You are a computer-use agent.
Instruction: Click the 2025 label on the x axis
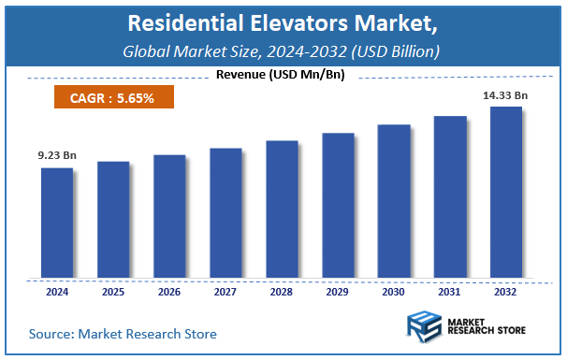coord(113,294)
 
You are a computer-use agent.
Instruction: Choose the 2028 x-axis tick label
coord(282,294)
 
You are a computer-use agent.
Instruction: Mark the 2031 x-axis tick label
coord(450,294)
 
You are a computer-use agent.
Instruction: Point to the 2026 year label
coord(169,294)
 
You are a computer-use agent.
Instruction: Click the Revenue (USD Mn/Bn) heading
coord(281,75)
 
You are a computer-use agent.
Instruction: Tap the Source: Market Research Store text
coord(123,333)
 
